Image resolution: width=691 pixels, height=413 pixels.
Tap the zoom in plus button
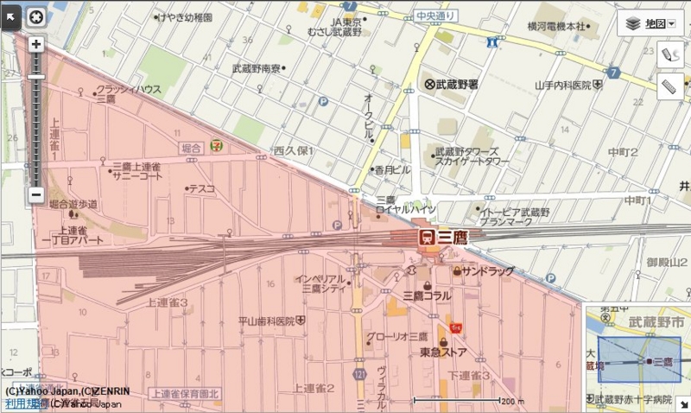click(36, 44)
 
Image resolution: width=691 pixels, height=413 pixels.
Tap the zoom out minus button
click(36, 195)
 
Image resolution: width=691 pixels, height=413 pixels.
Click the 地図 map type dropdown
click(650, 23)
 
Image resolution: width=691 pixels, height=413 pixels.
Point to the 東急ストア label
click(444, 353)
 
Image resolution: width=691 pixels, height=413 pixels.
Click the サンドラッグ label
click(488, 271)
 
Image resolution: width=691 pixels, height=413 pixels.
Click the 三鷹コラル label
click(427, 295)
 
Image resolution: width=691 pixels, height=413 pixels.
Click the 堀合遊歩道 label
click(73, 204)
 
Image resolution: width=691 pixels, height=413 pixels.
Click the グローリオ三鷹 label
click(397, 336)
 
